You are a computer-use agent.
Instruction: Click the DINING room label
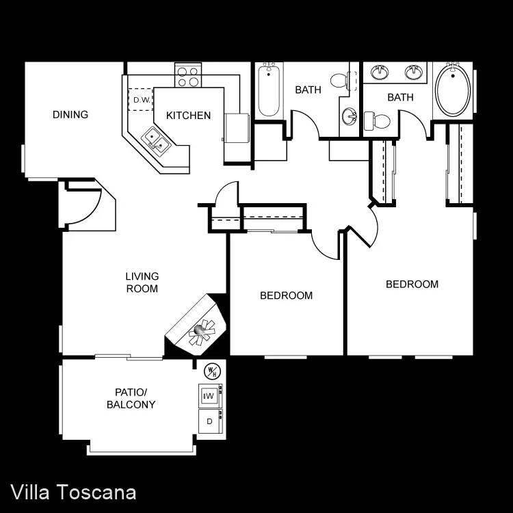click(x=70, y=114)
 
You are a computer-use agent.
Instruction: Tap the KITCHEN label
click(x=188, y=116)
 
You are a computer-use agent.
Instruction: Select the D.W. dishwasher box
click(x=141, y=99)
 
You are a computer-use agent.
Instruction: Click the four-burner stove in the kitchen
click(x=188, y=75)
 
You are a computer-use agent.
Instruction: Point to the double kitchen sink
click(x=156, y=142)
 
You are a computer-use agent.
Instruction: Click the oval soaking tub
click(x=453, y=90)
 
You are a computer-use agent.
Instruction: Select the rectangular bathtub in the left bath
click(x=269, y=90)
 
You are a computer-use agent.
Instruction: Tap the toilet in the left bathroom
click(x=340, y=81)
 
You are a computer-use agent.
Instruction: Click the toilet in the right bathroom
click(x=377, y=120)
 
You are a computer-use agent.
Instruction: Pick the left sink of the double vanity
click(x=380, y=72)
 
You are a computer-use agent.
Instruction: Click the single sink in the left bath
click(x=350, y=116)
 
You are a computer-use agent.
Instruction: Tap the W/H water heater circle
click(x=212, y=371)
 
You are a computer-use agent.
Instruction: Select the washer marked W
click(x=209, y=396)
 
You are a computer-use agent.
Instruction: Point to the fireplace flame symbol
click(x=202, y=332)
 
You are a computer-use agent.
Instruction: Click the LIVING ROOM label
click(x=142, y=282)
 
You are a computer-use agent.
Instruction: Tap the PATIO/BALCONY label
click(x=131, y=398)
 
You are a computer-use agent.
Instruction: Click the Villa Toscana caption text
click(x=73, y=492)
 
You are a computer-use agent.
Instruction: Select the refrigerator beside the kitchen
click(x=237, y=128)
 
